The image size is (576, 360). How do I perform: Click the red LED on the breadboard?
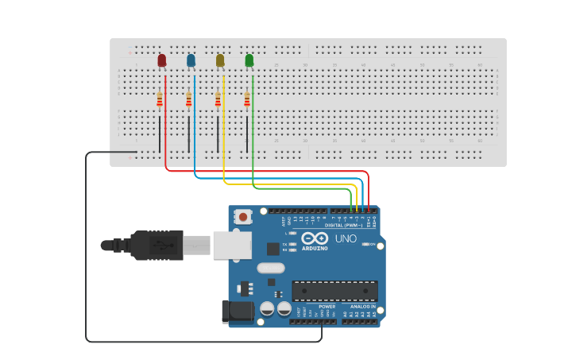click(162, 60)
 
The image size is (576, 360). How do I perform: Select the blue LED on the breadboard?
click(191, 60)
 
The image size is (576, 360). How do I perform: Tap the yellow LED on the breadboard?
click(220, 60)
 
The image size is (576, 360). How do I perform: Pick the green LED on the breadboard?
click(249, 60)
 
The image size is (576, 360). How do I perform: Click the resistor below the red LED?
click(160, 99)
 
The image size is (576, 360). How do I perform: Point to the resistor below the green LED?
click(247, 99)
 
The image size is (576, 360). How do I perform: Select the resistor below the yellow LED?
click(218, 99)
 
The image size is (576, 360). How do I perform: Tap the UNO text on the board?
click(346, 238)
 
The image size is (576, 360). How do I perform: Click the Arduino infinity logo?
click(315, 238)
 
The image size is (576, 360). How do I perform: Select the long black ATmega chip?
click(334, 290)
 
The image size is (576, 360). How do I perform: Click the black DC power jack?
click(237, 312)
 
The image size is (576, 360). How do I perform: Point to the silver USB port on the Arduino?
click(232, 246)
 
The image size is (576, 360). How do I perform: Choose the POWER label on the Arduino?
click(327, 306)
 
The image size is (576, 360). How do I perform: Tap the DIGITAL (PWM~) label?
click(343, 225)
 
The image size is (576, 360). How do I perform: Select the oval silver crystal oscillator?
click(270, 268)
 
